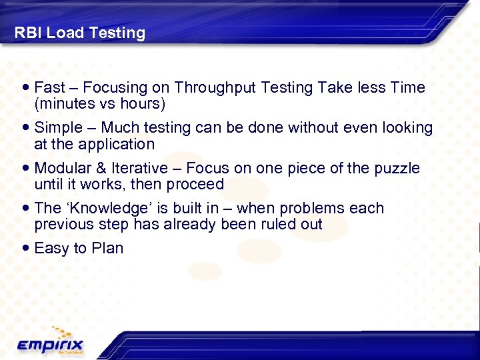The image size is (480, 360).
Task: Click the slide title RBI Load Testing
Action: click(80, 33)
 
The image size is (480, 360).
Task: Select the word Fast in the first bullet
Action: click(49, 88)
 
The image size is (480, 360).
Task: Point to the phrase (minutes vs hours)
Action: click(100, 105)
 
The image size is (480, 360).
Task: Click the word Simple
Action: click(57, 128)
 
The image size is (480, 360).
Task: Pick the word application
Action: click(117, 145)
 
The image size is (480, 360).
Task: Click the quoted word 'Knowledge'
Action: click(108, 208)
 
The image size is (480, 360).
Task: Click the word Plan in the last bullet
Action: click(107, 248)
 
